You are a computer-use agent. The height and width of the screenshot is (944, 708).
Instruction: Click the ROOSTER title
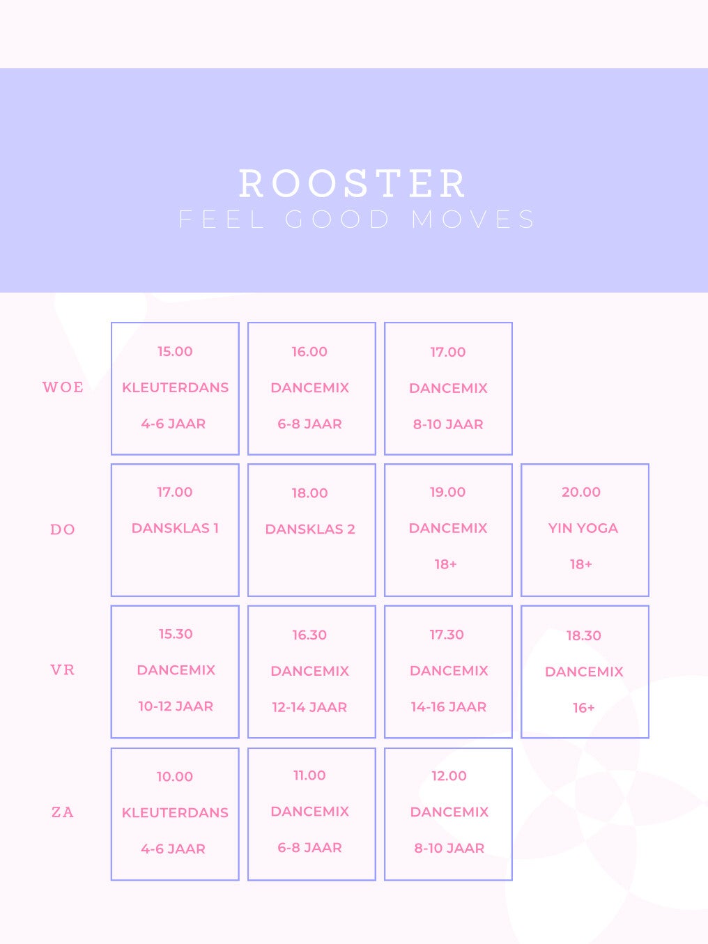pos(353,184)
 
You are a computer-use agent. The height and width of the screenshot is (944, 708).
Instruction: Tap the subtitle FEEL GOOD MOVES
pos(357,219)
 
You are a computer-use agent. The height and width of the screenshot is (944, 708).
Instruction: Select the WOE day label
pos(63,387)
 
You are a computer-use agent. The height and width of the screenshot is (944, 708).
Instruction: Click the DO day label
pos(63,529)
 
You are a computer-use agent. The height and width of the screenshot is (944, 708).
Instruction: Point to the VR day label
pos(63,670)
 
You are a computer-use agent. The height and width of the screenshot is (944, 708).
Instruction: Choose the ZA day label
pos(63,812)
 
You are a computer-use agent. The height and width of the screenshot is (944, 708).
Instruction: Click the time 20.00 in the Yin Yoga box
pos(581,492)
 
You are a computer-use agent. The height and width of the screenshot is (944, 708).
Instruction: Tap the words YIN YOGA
pos(583,528)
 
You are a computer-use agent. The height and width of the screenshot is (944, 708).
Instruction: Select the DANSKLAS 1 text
pos(175,528)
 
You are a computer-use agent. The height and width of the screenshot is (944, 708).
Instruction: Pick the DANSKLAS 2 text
pos(310,529)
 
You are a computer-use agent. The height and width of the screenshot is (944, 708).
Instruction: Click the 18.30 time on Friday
pos(584,635)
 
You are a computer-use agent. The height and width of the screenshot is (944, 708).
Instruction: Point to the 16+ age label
pos(584,708)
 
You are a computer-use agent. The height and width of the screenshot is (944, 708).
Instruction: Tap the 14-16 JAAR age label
pos(449,707)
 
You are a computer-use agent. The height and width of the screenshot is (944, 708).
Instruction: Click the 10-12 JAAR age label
pos(176,706)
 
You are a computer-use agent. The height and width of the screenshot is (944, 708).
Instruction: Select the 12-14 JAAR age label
pos(309,707)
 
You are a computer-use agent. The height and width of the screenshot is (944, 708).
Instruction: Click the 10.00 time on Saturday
pos(175,777)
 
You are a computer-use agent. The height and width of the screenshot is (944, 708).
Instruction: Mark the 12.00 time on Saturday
pos(449,776)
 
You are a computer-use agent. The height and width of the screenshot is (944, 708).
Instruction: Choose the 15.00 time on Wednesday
pos(175,351)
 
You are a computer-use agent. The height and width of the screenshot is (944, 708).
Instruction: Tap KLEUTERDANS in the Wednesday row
pos(176,387)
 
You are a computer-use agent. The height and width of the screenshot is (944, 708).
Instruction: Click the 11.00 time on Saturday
pos(309,775)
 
